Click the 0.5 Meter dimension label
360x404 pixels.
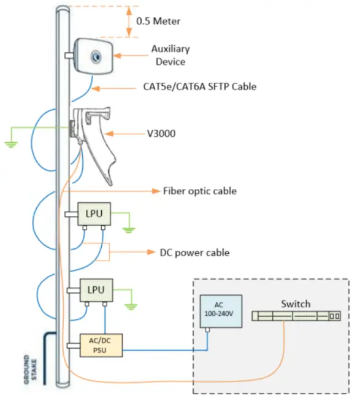[x=158, y=21]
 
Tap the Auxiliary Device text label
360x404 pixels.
[x=170, y=55]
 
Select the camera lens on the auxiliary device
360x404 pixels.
[x=96, y=57]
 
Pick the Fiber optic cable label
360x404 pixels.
[x=199, y=191]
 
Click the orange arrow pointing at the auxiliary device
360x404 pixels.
[x=129, y=56]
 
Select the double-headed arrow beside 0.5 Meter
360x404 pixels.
[x=128, y=21]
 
